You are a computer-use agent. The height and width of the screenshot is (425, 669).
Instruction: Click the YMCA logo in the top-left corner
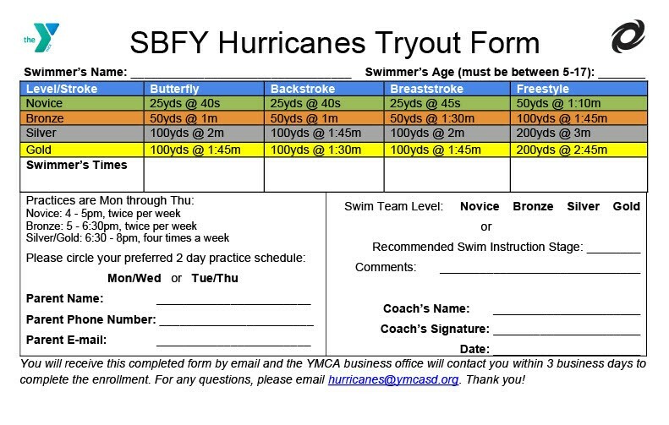tap(41, 37)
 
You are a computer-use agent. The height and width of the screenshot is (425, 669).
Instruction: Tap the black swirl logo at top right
tap(628, 36)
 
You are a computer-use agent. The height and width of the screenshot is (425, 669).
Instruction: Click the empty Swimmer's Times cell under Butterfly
tap(204, 174)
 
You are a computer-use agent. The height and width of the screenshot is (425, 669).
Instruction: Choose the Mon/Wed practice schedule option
tap(134, 278)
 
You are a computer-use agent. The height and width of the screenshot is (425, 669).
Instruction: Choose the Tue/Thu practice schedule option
tap(215, 278)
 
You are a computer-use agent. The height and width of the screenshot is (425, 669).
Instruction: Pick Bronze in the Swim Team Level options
tap(533, 206)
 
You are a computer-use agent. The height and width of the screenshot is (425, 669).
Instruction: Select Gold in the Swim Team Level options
tap(627, 206)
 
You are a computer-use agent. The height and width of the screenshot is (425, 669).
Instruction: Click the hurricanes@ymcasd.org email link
tap(393, 379)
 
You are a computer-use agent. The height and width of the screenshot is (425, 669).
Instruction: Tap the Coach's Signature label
tap(435, 329)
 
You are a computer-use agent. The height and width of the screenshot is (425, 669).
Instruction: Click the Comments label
tap(386, 267)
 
